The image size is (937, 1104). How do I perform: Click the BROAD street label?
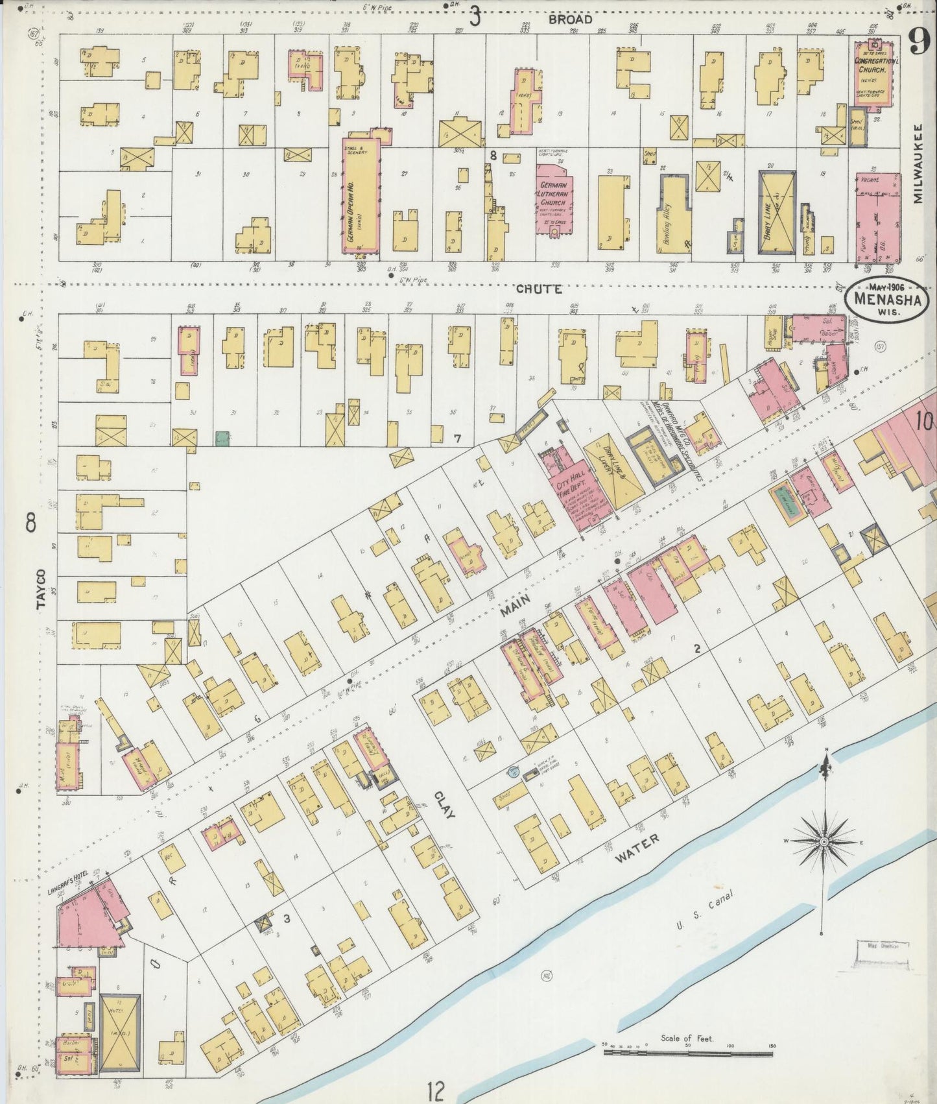(570, 19)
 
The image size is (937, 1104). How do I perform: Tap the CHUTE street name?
(539, 289)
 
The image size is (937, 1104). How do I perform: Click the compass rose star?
(824, 842)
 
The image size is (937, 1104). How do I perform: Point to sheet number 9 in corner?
(918, 43)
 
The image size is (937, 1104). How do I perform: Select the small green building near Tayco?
(223, 438)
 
